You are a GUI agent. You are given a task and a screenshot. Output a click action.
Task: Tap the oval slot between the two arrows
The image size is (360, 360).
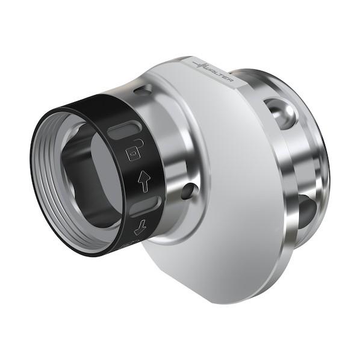click(x=145, y=206)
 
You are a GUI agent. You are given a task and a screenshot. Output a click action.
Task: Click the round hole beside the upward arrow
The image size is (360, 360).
click(x=188, y=191)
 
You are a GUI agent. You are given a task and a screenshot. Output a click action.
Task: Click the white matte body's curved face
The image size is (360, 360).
click(x=229, y=181)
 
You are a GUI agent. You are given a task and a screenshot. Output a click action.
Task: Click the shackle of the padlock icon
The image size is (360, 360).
click(x=138, y=144)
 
